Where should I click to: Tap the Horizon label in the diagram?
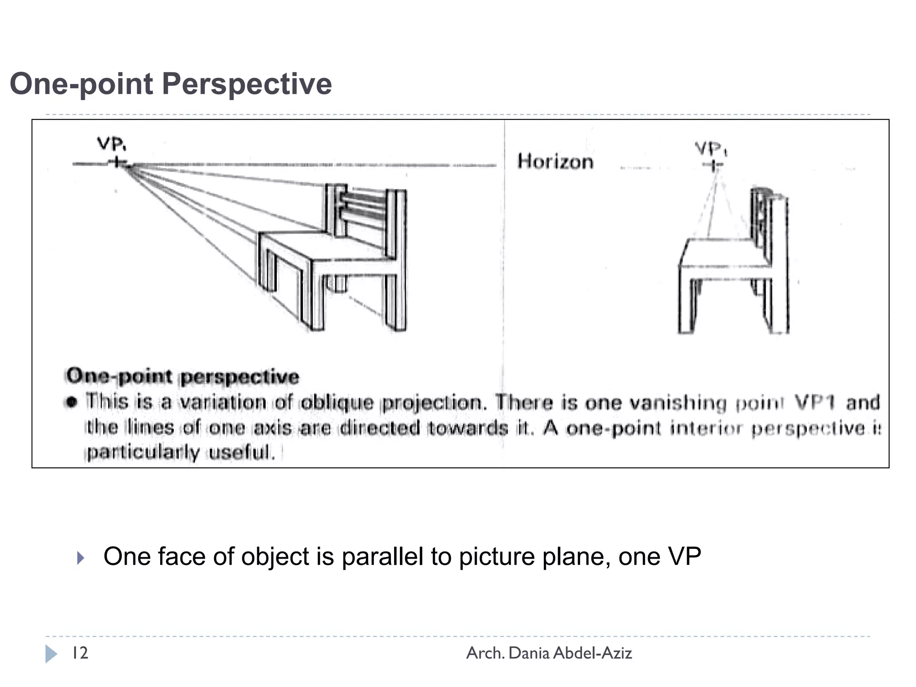coord(555,161)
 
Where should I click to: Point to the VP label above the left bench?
coord(111,144)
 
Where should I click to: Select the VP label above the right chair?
coord(711,148)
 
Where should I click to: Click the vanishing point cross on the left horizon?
coord(117,162)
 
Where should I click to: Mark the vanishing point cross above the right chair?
coord(713,165)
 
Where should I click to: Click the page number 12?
coord(80,653)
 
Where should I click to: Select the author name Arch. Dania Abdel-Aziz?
coord(549,653)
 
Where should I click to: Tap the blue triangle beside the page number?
coord(51,654)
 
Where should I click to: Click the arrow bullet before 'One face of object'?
coord(81,558)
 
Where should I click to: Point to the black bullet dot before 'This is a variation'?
coord(71,402)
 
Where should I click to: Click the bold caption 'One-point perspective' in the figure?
coord(182,376)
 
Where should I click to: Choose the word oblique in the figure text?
coord(337,403)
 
